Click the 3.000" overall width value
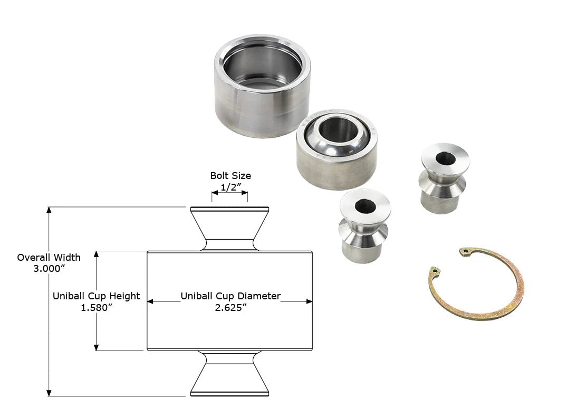point(49,269)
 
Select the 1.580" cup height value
point(97,308)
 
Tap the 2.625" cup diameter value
point(230,308)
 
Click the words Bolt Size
point(230,176)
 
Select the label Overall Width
point(49,258)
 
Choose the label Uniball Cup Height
point(96,296)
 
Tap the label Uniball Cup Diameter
point(230,296)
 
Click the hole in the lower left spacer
point(365,206)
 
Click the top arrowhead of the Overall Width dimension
point(49,210)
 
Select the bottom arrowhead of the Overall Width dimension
point(49,393)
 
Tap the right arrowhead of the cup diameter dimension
point(309,301)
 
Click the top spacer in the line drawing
point(229,228)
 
